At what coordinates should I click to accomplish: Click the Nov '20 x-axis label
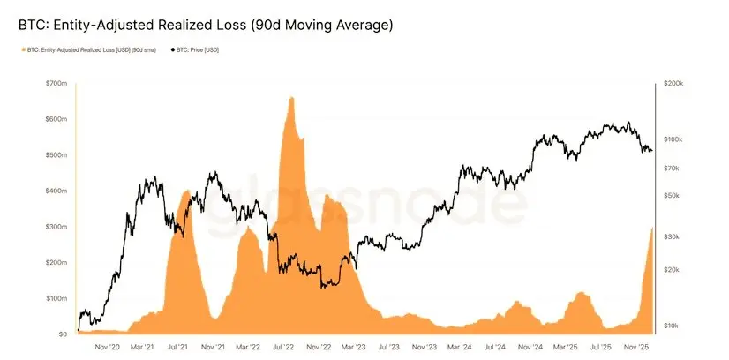107,348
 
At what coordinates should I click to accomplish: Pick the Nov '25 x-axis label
635,348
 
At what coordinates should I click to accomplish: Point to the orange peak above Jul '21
185,191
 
